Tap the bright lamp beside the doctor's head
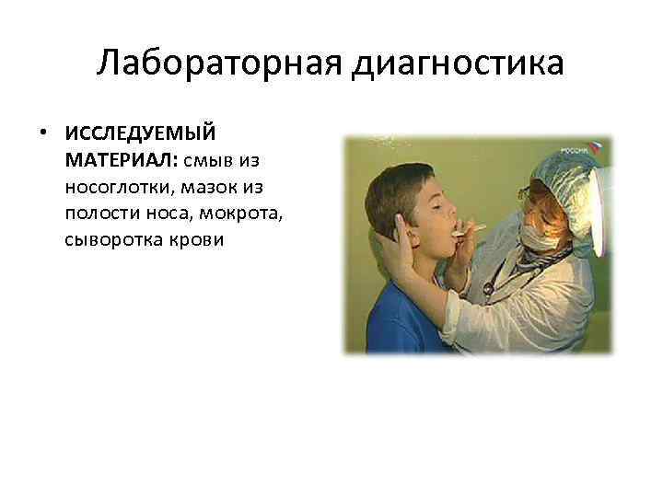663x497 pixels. (603, 207)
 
